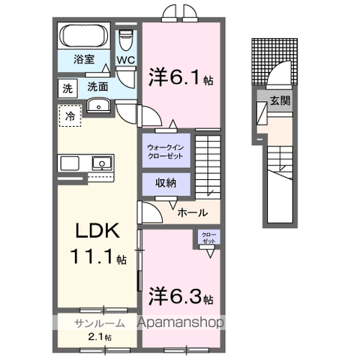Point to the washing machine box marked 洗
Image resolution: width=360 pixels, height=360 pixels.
[67, 88]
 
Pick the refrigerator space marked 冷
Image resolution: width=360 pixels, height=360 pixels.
[70, 116]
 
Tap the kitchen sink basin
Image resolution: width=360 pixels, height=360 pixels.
[100, 162]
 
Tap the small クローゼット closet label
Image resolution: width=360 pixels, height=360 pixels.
[207, 238]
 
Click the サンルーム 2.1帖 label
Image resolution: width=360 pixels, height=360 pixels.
[94, 329]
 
